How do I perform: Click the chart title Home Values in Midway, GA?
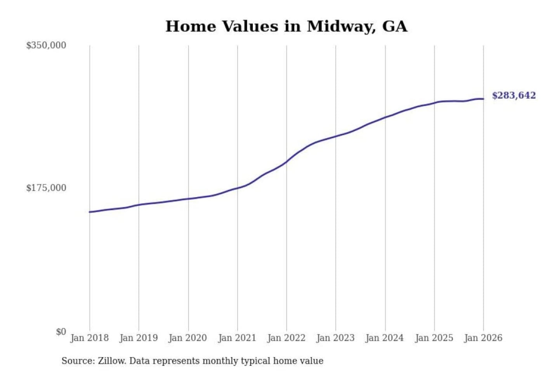286,26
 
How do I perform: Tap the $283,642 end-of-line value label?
514,95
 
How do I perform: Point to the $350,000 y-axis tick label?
46,45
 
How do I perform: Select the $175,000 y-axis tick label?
46,188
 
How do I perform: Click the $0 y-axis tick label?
61,332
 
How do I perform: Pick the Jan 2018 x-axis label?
89,338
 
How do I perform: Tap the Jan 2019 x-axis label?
139,338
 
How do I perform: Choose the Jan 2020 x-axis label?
188,338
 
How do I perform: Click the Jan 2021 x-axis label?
237,338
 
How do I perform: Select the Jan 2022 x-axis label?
286,338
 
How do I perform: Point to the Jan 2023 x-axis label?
335,338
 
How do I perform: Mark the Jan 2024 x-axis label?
385,338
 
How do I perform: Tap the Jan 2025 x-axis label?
434,338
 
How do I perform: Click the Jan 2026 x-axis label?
483,338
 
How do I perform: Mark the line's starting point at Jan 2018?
90,212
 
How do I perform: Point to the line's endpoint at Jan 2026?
483,99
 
